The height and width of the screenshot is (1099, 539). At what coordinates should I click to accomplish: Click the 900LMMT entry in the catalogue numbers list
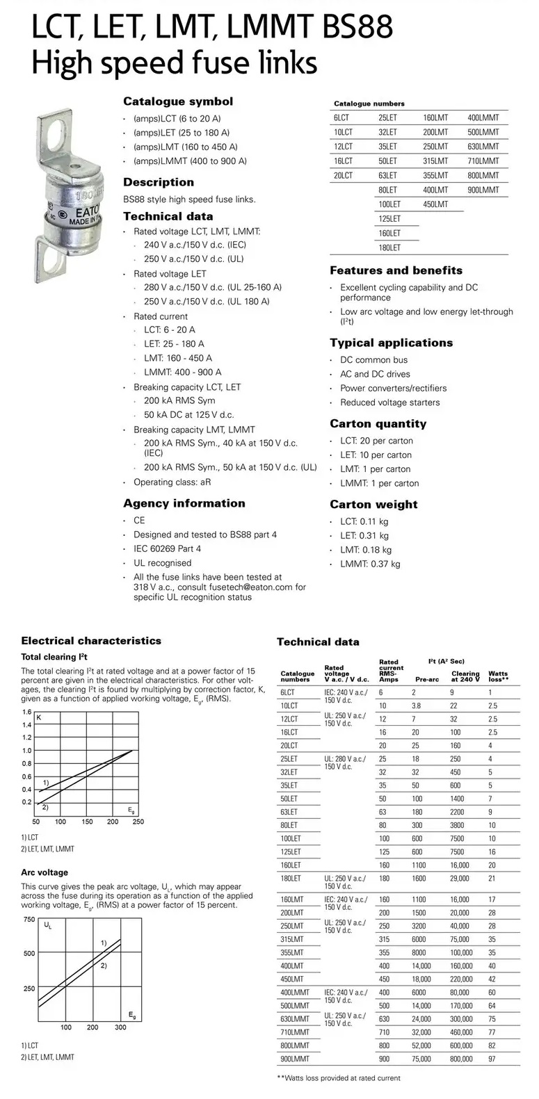click(483, 190)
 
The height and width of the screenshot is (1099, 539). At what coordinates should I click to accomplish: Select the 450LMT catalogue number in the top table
click(435, 204)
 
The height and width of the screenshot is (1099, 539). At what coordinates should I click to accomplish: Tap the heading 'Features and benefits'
click(396, 270)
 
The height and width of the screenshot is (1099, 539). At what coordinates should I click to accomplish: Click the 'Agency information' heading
click(184, 503)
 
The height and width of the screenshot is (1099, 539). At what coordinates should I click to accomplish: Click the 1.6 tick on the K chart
click(26, 712)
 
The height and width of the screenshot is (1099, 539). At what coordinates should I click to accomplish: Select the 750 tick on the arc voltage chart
click(29, 920)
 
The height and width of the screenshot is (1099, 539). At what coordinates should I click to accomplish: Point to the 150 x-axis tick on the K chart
click(87, 822)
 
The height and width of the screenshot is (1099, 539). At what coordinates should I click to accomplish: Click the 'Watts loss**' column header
click(498, 676)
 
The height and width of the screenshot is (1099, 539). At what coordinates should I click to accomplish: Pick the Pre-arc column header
click(427, 679)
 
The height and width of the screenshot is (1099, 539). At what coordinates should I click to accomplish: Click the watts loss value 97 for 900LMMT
click(492, 1059)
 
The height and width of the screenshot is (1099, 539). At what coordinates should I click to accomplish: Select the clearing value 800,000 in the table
click(461, 1059)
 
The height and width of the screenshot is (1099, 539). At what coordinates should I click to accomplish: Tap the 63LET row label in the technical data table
click(289, 812)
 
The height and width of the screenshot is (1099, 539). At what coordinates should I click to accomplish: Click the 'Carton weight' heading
click(373, 505)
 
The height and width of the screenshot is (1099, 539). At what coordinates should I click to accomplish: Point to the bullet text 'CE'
click(139, 521)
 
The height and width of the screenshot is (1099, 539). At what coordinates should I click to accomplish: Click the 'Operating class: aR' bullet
click(172, 482)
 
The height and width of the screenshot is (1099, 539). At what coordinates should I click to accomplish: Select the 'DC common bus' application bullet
click(373, 360)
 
